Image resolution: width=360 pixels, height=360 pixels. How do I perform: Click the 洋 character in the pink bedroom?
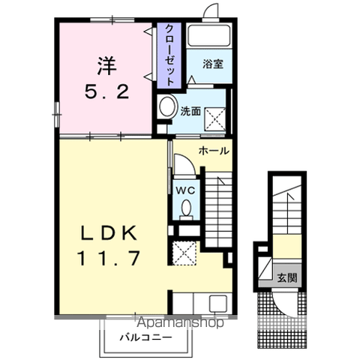[x=106, y=66]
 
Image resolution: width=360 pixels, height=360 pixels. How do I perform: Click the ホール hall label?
[x=213, y=151]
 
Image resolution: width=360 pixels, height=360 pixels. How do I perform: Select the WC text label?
[x=184, y=190]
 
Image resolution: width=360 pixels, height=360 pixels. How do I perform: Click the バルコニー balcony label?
[x=145, y=337]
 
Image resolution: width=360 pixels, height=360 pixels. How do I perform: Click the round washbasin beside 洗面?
[x=167, y=106]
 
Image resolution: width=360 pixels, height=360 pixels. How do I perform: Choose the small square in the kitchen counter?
[x=217, y=304]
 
